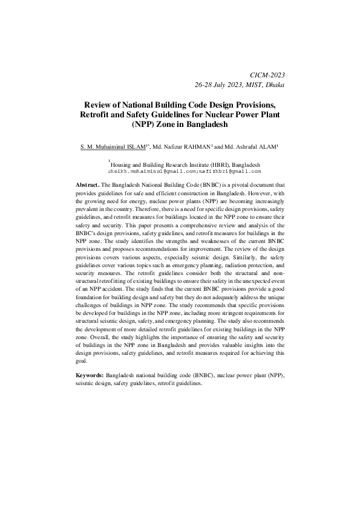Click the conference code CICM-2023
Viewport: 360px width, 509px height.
[x=267, y=74]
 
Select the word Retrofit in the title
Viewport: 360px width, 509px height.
[x=98, y=114]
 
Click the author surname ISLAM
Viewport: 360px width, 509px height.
[x=133, y=147]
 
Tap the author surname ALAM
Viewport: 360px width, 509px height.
[x=265, y=147]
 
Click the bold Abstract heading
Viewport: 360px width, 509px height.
[x=87, y=184]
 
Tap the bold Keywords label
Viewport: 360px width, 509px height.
[x=90, y=376]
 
